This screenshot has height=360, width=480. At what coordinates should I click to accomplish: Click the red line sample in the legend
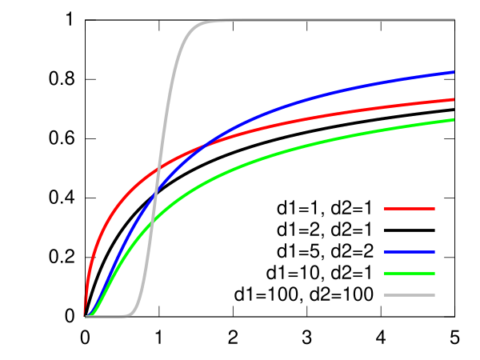pos(410,209)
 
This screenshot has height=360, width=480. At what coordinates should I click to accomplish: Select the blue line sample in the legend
pos(410,252)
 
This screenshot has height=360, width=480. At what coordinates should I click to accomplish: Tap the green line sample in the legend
pos(410,274)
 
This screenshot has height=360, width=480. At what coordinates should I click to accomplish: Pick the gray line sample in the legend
pos(410,295)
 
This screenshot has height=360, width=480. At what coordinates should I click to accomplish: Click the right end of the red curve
pos(454,99)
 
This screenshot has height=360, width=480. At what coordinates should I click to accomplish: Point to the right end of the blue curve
pos(454,72)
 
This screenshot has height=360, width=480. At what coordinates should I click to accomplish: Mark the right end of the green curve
pos(454,120)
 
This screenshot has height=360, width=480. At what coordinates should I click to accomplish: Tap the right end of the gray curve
pos(454,19)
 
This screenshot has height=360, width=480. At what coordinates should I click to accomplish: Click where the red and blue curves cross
pos(207,144)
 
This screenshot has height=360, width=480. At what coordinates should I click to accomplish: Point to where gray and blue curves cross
pos(155,192)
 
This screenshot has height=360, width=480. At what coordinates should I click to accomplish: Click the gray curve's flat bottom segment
pos(108,316)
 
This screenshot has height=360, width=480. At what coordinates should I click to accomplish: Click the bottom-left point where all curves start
pos(85,316)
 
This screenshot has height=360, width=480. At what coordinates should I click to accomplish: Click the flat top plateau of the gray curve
pos(320,19)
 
